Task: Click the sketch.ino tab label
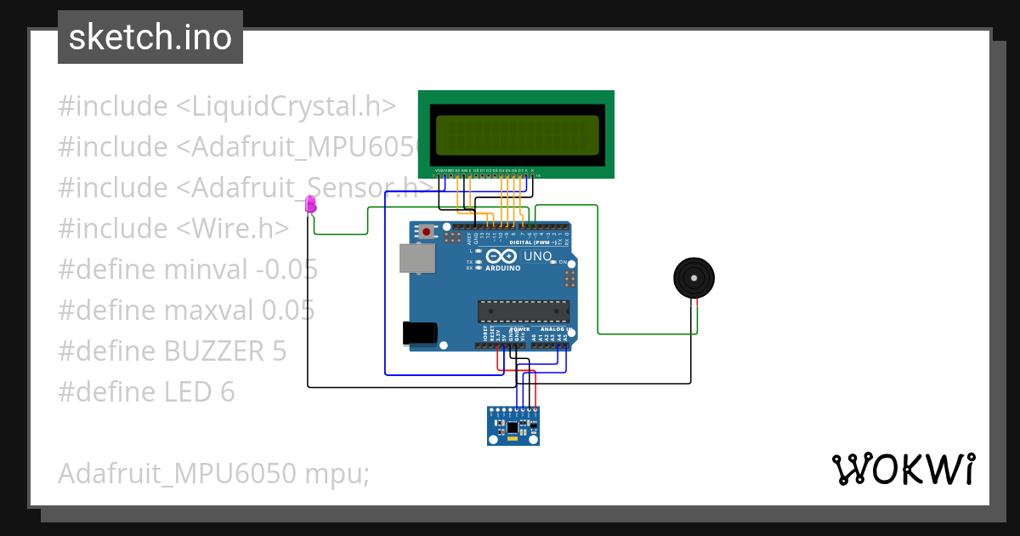coord(150,37)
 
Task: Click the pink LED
coord(310,204)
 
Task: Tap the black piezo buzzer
coord(694,277)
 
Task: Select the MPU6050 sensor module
coord(513,425)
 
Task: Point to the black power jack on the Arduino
coord(420,333)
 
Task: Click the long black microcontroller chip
coord(521,312)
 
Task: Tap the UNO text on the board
coord(537,256)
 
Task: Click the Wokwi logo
coord(902,469)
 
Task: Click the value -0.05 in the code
coord(286,270)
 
